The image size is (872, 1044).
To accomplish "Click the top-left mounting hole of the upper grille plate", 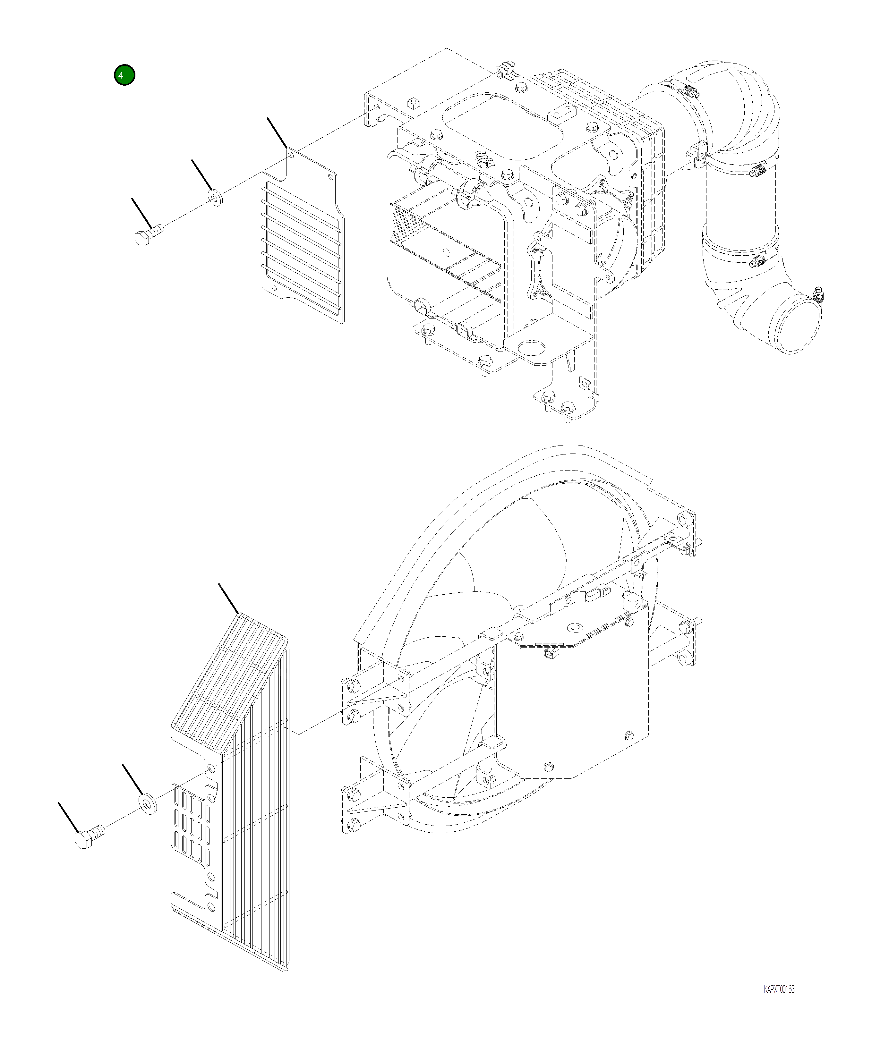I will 291,155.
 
